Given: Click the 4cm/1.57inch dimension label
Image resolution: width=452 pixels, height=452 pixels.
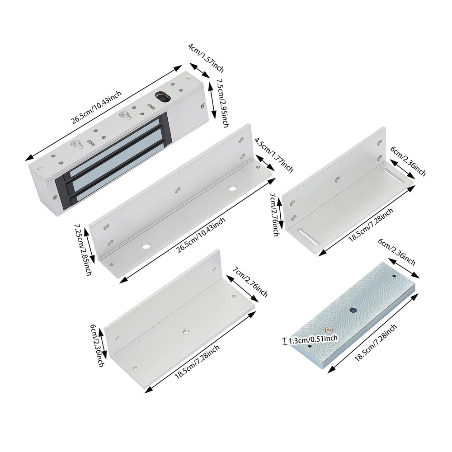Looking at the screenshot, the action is coord(206,58).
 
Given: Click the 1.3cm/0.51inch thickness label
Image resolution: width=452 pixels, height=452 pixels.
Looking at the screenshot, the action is coord(313,339).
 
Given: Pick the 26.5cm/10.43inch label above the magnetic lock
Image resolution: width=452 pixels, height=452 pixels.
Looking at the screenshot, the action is coord(97,107).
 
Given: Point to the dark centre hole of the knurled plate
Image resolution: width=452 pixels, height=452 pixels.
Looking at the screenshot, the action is coord(353,310).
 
